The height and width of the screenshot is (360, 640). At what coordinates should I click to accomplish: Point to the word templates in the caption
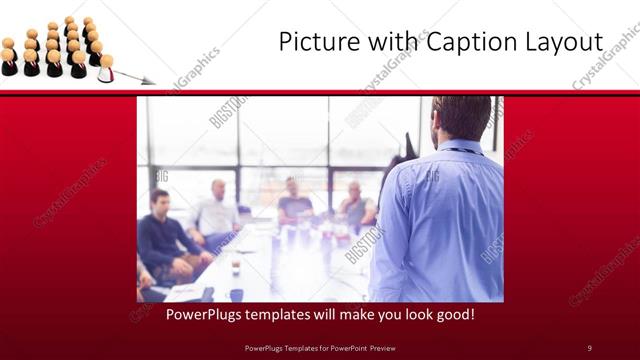(266, 314)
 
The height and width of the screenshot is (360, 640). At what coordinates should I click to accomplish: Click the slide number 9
(589, 347)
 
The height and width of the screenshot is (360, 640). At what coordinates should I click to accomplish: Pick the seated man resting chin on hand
(355, 205)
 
